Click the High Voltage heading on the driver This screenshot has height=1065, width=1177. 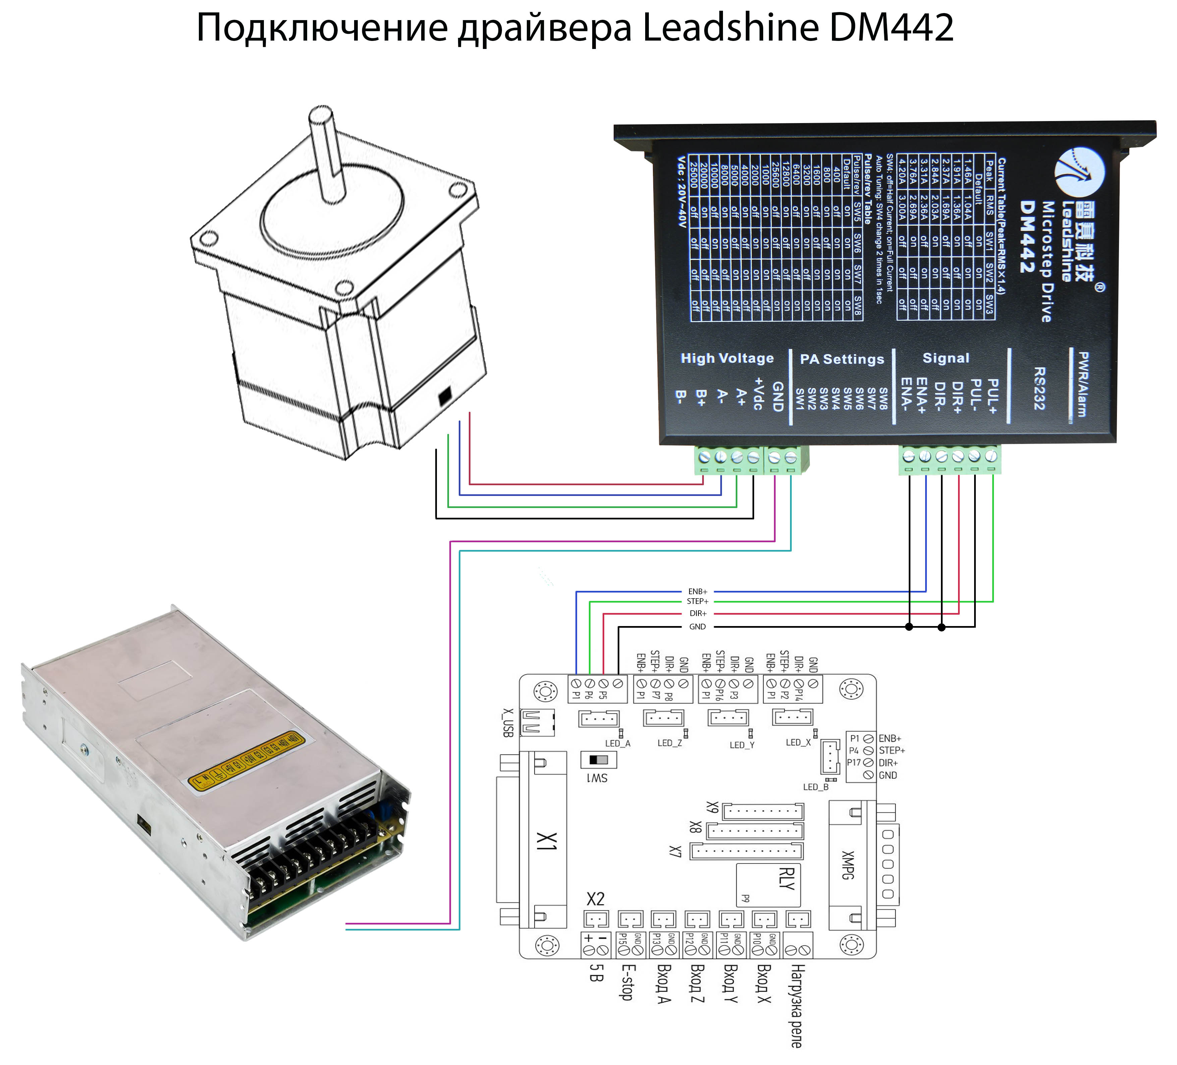point(727,358)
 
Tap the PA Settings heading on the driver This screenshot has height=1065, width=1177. point(842,359)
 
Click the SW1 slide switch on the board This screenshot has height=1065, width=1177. point(599,760)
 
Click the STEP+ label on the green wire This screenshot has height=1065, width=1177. point(697,601)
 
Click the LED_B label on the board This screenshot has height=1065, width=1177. point(816,787)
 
